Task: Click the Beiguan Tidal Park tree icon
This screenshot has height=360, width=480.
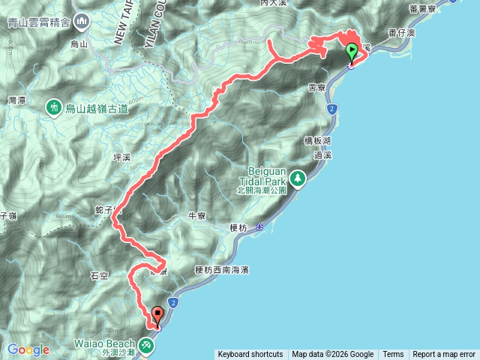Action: pyautogui.click(x=299, y=178)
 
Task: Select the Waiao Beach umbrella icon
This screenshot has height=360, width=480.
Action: pyautogui.click(x=147, y=344)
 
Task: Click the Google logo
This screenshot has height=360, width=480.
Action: pyautogui.click(x=28, y=349)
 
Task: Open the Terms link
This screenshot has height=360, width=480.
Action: pyautogui.click(x=393, y=355)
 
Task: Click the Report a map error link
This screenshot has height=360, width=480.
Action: pyautogui.click(x=445, y=355)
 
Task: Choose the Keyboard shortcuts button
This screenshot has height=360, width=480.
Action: pyautogui.click(x=250, y=355)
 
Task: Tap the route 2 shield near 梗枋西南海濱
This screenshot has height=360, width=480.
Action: pyautogui.click(x=173, y=302)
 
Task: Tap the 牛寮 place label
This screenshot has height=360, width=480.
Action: pyautogui.click(x=196, y=215)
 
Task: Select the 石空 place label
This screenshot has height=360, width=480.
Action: pyautogui.click(x=99, y=276)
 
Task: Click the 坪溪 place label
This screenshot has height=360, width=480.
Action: pyautogui.click(x=121, y=158)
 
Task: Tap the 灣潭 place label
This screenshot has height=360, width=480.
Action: pyautogui.click(x=16, y=99)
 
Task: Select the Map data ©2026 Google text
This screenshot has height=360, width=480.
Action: pyautogui.click(x=333, y=355)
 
